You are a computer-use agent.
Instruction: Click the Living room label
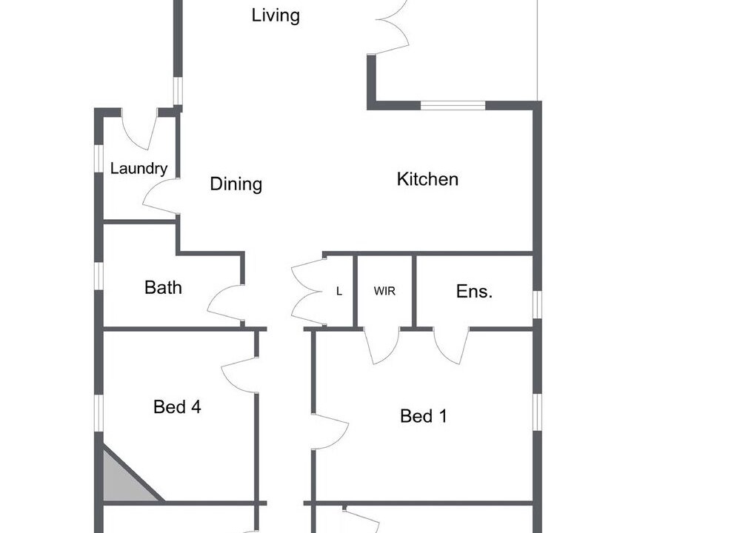276,16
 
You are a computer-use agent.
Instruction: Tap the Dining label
236,184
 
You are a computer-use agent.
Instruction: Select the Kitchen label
427,179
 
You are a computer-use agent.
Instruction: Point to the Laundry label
139,168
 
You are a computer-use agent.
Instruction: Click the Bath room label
163,287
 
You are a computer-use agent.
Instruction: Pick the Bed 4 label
177,407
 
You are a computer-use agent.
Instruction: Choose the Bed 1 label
423,416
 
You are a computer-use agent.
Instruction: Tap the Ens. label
474,291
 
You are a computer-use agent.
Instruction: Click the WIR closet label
384,291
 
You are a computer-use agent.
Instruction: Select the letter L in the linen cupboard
339,291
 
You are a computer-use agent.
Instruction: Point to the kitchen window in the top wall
453,105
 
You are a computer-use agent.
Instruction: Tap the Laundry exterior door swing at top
139,129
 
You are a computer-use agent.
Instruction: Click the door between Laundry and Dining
161,196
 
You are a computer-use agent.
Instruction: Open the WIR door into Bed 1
381,346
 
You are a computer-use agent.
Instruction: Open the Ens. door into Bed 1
451,346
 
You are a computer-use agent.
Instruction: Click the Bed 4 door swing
239,375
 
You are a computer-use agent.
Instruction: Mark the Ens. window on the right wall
538,304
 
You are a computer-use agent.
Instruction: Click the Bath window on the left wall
99,276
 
